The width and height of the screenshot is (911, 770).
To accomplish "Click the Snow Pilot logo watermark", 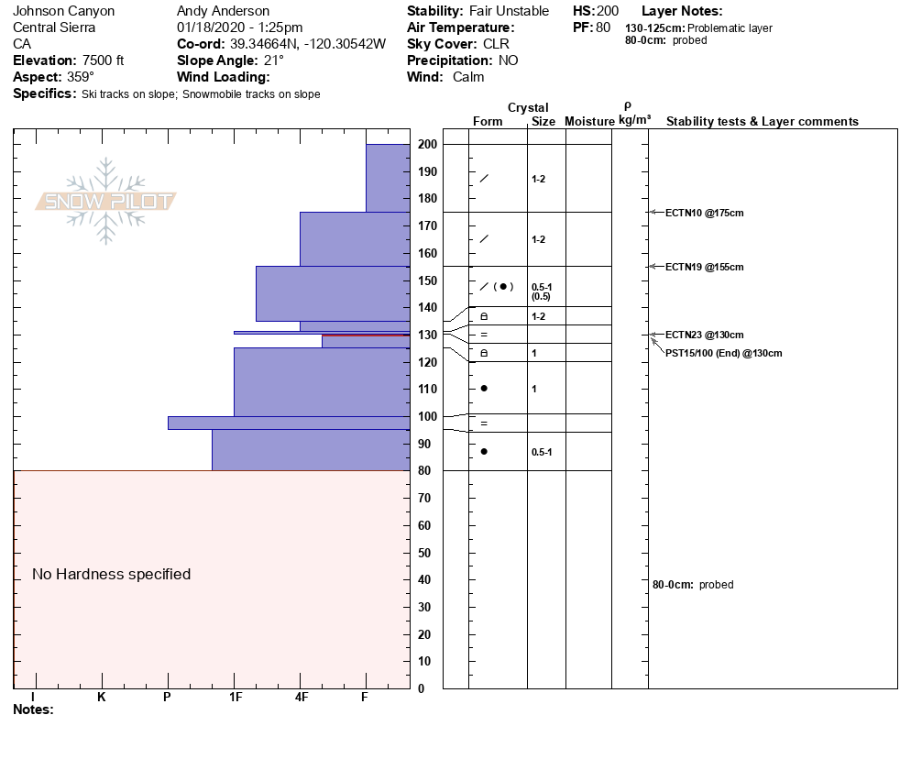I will tap(106, 202).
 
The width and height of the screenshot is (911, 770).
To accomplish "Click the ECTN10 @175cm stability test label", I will tap(704, 213).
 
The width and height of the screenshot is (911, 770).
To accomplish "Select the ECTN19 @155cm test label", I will tap(704, 267).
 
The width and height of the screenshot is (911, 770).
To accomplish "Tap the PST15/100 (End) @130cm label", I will tap(723, 353).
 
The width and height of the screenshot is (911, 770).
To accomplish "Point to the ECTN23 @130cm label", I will tap(704, 335).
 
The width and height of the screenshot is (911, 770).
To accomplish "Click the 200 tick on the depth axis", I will tap(427, 144).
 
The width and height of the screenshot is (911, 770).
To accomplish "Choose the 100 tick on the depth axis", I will tap(427, 416).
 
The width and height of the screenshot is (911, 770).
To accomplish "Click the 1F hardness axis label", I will tap(235, 697).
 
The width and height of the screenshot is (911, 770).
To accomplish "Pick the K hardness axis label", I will tap(102, 697).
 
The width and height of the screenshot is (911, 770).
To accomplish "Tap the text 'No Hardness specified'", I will tap(111, 574).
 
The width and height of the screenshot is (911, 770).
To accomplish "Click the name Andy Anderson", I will tap(223, 11).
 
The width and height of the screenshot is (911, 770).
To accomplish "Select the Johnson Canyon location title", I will tap(64, 11).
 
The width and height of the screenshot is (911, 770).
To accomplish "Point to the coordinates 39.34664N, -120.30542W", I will tap(308, 44).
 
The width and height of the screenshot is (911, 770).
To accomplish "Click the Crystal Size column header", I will tap(543, 121).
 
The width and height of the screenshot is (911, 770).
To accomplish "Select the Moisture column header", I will tap(588, 121).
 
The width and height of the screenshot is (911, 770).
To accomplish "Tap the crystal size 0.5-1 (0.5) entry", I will tap(542, 291).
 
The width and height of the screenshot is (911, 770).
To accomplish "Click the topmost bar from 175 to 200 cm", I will tap(388, 178).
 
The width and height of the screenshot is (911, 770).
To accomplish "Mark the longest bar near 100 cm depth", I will tap(289, 423).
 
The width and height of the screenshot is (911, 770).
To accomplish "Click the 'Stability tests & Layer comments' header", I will tap(762, 121).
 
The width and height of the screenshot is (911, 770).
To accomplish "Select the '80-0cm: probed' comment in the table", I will tap(692, 585).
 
